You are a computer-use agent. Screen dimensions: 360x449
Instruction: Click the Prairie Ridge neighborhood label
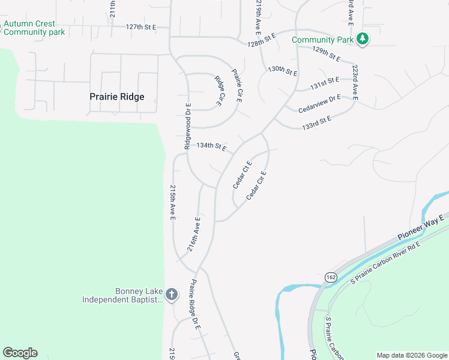[x=116, y=97]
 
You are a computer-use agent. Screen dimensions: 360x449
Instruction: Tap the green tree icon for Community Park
[x=362, y=40]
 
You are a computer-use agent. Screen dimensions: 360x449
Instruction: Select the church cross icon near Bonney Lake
[x=171, y=294]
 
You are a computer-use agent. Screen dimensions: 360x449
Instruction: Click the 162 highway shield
[x=331, y=277]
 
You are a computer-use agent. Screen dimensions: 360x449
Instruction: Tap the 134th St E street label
[x=211, y=146]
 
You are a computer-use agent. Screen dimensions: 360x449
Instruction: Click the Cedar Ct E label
[x=243, y=174]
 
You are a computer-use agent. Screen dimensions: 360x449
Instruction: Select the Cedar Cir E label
[x=256, y=185]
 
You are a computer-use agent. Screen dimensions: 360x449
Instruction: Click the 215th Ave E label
[x=172, y=202]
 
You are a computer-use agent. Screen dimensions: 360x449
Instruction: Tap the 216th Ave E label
[x=193, y=235]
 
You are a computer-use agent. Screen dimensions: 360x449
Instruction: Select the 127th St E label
[x=140, y=27]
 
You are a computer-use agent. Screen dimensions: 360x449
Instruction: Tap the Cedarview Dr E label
[x=319, y=103]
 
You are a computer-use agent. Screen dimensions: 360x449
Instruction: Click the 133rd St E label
[x=317, y=123]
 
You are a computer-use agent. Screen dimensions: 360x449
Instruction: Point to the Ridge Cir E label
[x=218, y=91]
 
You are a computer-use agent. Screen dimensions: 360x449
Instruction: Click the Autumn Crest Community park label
[x=34, y=28]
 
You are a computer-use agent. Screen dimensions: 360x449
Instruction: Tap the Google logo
[x=20, y=353]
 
